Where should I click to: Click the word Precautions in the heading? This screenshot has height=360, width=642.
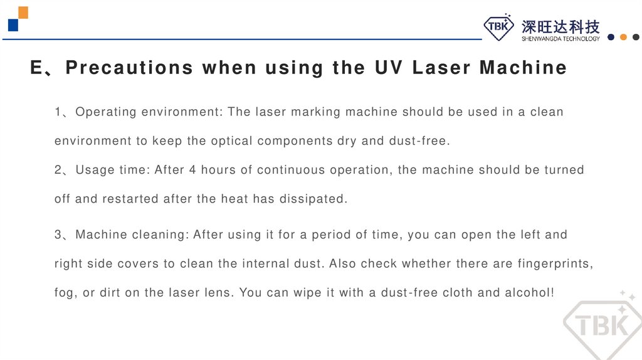(129, 68)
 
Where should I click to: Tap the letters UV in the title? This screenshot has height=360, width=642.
(389, 68)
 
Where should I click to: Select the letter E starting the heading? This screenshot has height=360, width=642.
(36, 68)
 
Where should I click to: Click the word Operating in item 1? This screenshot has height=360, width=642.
(105, 112)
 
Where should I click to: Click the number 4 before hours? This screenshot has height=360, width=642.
(192, 170)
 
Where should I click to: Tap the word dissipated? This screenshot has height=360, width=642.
(313, 199)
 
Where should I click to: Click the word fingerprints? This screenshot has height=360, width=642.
(555, 263)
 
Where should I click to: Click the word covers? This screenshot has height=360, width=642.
(138, 264)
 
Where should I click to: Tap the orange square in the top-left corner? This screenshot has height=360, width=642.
(23, 13)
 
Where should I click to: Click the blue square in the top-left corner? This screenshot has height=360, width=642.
(13, 25)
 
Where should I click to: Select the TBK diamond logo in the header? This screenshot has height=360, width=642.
(498, 26)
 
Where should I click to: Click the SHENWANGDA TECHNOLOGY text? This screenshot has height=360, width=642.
(560, 38)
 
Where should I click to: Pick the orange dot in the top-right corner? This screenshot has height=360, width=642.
(623, 37)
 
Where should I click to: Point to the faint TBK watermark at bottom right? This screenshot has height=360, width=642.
(603, 325)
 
